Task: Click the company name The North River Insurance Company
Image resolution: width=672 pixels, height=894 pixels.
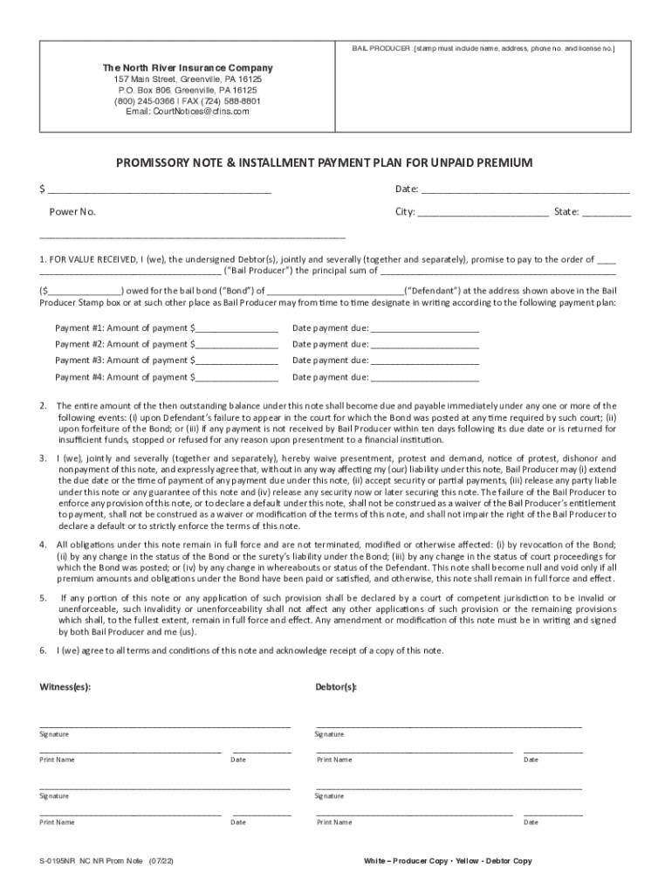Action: [x=188, y=67]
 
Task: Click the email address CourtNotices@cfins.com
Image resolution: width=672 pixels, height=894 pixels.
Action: [x=188, y=112]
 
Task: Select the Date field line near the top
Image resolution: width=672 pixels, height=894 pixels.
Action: [x=525, y=189]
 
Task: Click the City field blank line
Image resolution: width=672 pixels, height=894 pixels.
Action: [x=483, y=212]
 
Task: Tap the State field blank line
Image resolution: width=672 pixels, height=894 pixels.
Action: [x=607, y=212]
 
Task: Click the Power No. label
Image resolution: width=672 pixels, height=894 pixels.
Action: [x=72, y=212]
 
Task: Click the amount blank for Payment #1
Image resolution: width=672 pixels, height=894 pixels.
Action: [x=237, y=329]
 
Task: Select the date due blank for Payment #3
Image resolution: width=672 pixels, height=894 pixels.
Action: [x=424, y=361]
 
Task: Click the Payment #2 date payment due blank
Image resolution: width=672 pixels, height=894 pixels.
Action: [x=424, y=345]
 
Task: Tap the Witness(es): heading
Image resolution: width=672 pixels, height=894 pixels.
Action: [x=65, y=686]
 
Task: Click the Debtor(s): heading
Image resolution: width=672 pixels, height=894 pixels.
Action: [x=336, y=686]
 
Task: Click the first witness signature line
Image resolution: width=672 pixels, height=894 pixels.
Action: [x=164, y=726]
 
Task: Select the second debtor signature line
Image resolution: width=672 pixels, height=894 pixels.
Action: [x=448, y=787]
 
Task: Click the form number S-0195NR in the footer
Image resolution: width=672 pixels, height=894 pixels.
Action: [x=58, y=861]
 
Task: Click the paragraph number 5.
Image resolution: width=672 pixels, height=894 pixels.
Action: [x=43, y=598]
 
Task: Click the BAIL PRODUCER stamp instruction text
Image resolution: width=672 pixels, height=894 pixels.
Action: [x=483, y=48]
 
